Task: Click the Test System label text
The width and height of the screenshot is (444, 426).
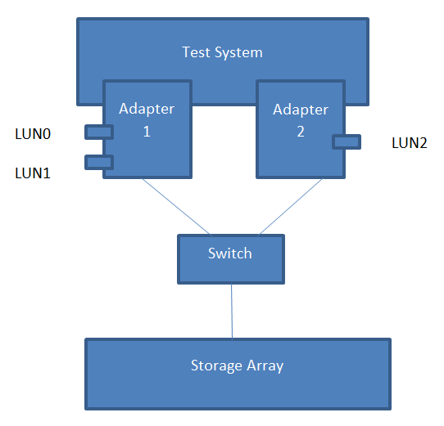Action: tap(222, 52)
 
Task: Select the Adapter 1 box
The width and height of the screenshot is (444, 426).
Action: tap(147, 129)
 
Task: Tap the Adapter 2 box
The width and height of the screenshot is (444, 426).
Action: tap(301, 129)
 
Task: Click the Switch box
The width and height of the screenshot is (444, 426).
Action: tap(231, 259)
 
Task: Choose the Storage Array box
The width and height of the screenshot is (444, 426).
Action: tap(238, 374)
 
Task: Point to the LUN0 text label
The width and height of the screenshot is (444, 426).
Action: tap(33, 134)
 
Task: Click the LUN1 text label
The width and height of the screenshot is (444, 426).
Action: tap(33, 173)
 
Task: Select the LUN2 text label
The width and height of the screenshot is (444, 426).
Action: tap(410, 143)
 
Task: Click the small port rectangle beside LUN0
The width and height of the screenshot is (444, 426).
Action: tap(99, 132)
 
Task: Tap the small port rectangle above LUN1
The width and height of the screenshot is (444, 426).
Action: tap(99, 162)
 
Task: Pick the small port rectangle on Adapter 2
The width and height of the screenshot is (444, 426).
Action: tap(347, 141)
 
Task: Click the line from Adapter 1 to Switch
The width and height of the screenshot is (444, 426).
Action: tap(176, 206)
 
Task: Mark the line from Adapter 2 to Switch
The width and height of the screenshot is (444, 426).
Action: tap(291, 206)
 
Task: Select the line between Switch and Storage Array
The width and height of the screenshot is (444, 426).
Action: tap(232, 312)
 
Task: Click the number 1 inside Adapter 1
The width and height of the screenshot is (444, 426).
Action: tap(147, 132)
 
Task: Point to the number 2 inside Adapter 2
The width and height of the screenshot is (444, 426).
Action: tap(301, 132)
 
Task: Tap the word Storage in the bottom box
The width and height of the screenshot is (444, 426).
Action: tap(216, 365)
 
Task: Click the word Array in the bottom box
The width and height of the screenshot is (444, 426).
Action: tap(265, 366)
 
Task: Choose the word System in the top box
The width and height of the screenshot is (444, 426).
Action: tap(238, 53)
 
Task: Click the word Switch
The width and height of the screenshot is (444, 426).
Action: tap(230, 253)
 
